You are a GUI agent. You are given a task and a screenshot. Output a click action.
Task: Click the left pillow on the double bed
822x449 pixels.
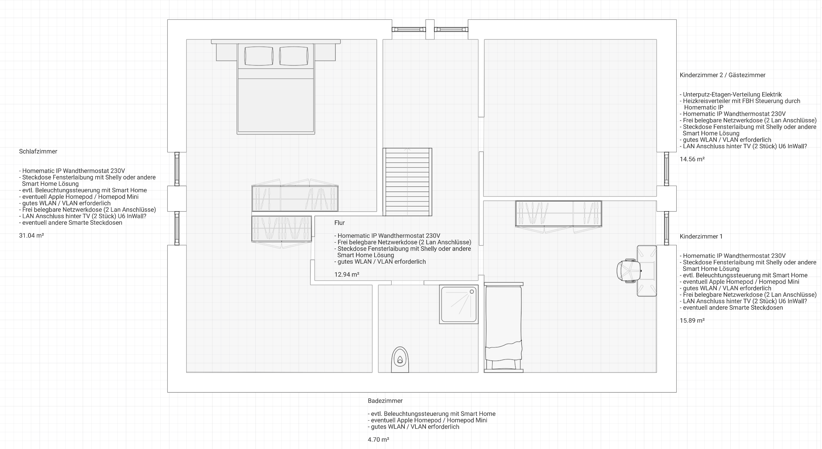(259, 56)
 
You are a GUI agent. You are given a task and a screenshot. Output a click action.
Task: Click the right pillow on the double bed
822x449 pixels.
(293, 56)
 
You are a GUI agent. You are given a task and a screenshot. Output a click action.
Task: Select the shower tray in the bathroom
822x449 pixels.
(459, 304)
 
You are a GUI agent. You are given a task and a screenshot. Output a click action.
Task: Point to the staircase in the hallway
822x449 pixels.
(407, 182)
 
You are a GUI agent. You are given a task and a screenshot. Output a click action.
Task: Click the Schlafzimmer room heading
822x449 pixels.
(38, 151)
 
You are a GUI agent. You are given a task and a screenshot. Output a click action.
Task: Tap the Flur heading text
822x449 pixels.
(340, 222)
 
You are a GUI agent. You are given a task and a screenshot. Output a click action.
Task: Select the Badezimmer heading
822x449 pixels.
(385, 401)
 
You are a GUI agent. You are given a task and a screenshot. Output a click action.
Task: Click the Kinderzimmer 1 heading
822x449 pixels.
(701, 236)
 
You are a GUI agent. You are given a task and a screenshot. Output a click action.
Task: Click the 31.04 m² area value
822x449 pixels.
(31, 236)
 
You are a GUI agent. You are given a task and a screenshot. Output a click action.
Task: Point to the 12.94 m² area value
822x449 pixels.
(347, 275)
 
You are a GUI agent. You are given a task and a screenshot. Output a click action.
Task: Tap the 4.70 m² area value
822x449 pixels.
(379, 440)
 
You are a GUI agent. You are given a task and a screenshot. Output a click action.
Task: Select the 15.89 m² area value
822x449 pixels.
(692, 320)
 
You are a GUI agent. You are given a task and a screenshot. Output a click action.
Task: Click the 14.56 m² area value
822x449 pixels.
(692, 159)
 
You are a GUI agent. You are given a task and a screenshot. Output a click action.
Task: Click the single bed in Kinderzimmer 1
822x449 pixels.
(504, 327)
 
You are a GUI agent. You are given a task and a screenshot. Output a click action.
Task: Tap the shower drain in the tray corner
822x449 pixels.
(472, 291)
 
